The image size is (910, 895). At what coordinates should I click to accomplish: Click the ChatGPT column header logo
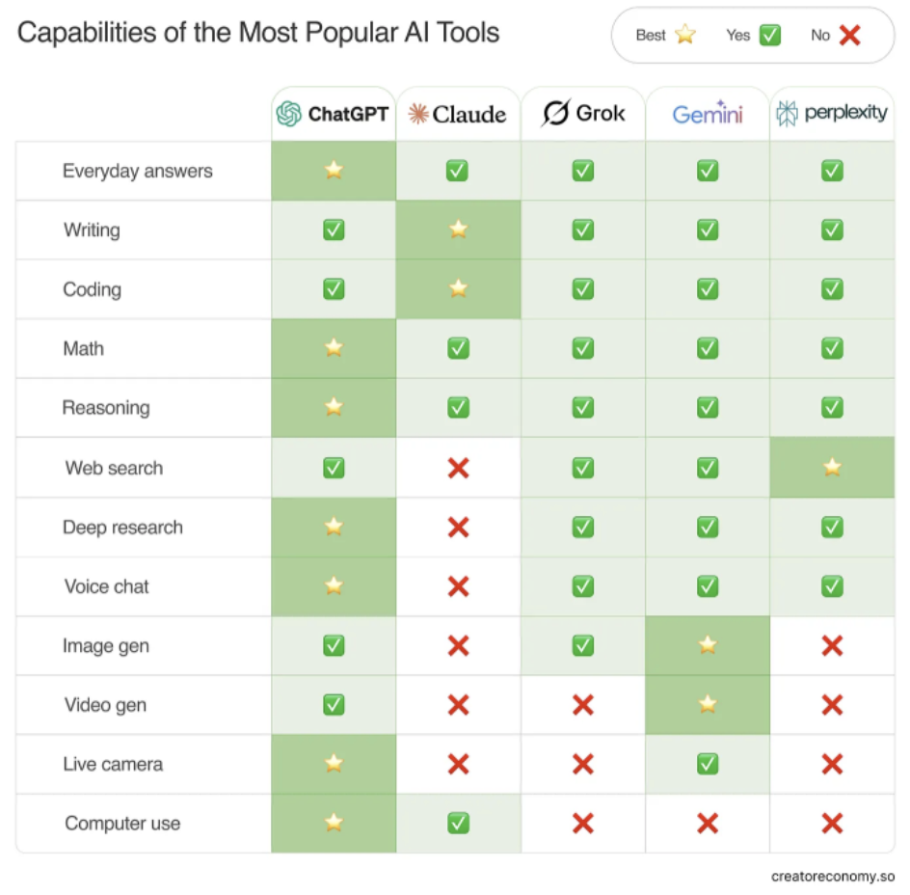[288, 114]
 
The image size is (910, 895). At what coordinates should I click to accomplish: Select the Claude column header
[458, 114]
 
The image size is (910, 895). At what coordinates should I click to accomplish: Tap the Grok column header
[583, 113]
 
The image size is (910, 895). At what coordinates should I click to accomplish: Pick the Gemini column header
[708, 114]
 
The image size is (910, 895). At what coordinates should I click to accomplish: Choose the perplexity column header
[832, 113]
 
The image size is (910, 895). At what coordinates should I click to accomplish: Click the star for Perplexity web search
[832, 468]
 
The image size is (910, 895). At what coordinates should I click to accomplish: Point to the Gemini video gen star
[708, 705]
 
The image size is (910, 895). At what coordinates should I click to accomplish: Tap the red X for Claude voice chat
[458, 586]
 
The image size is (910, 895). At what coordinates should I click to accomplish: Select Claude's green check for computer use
[458, 823]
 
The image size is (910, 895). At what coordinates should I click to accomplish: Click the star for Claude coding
[458, 288]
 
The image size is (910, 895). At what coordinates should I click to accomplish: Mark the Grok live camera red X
[583, 764]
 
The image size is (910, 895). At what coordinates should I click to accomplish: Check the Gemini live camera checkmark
[708, 764]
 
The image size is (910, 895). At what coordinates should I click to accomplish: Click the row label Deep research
[122, 528]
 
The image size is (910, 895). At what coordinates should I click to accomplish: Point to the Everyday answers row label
[137, 171]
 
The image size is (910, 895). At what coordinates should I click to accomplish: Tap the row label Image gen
[106, 646]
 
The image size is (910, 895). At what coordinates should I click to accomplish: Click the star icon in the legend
[685, 35]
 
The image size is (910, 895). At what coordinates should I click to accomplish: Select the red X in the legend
[849, 35]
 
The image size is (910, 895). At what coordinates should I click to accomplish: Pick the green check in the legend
[769, 35]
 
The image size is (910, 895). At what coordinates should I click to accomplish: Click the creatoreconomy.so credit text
[833, 877]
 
